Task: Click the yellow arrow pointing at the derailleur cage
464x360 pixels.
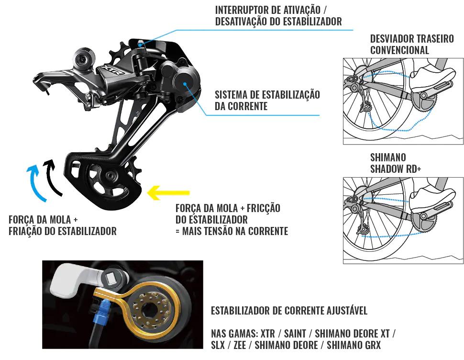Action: click(168, 193)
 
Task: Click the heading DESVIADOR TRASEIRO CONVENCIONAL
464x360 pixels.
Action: click(412, 45)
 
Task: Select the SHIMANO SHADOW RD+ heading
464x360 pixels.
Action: click(395, 163)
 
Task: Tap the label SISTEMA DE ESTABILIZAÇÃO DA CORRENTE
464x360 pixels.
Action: click(267, 101)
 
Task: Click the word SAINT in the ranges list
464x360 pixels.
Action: click(295, 334)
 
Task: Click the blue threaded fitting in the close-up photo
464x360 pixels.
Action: click(99, 313)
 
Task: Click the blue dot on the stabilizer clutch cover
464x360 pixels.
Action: click(185, 84)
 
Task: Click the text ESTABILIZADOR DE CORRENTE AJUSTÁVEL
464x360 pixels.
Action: click(289, 311)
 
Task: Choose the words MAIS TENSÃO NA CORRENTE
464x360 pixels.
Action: click(235, 231)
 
